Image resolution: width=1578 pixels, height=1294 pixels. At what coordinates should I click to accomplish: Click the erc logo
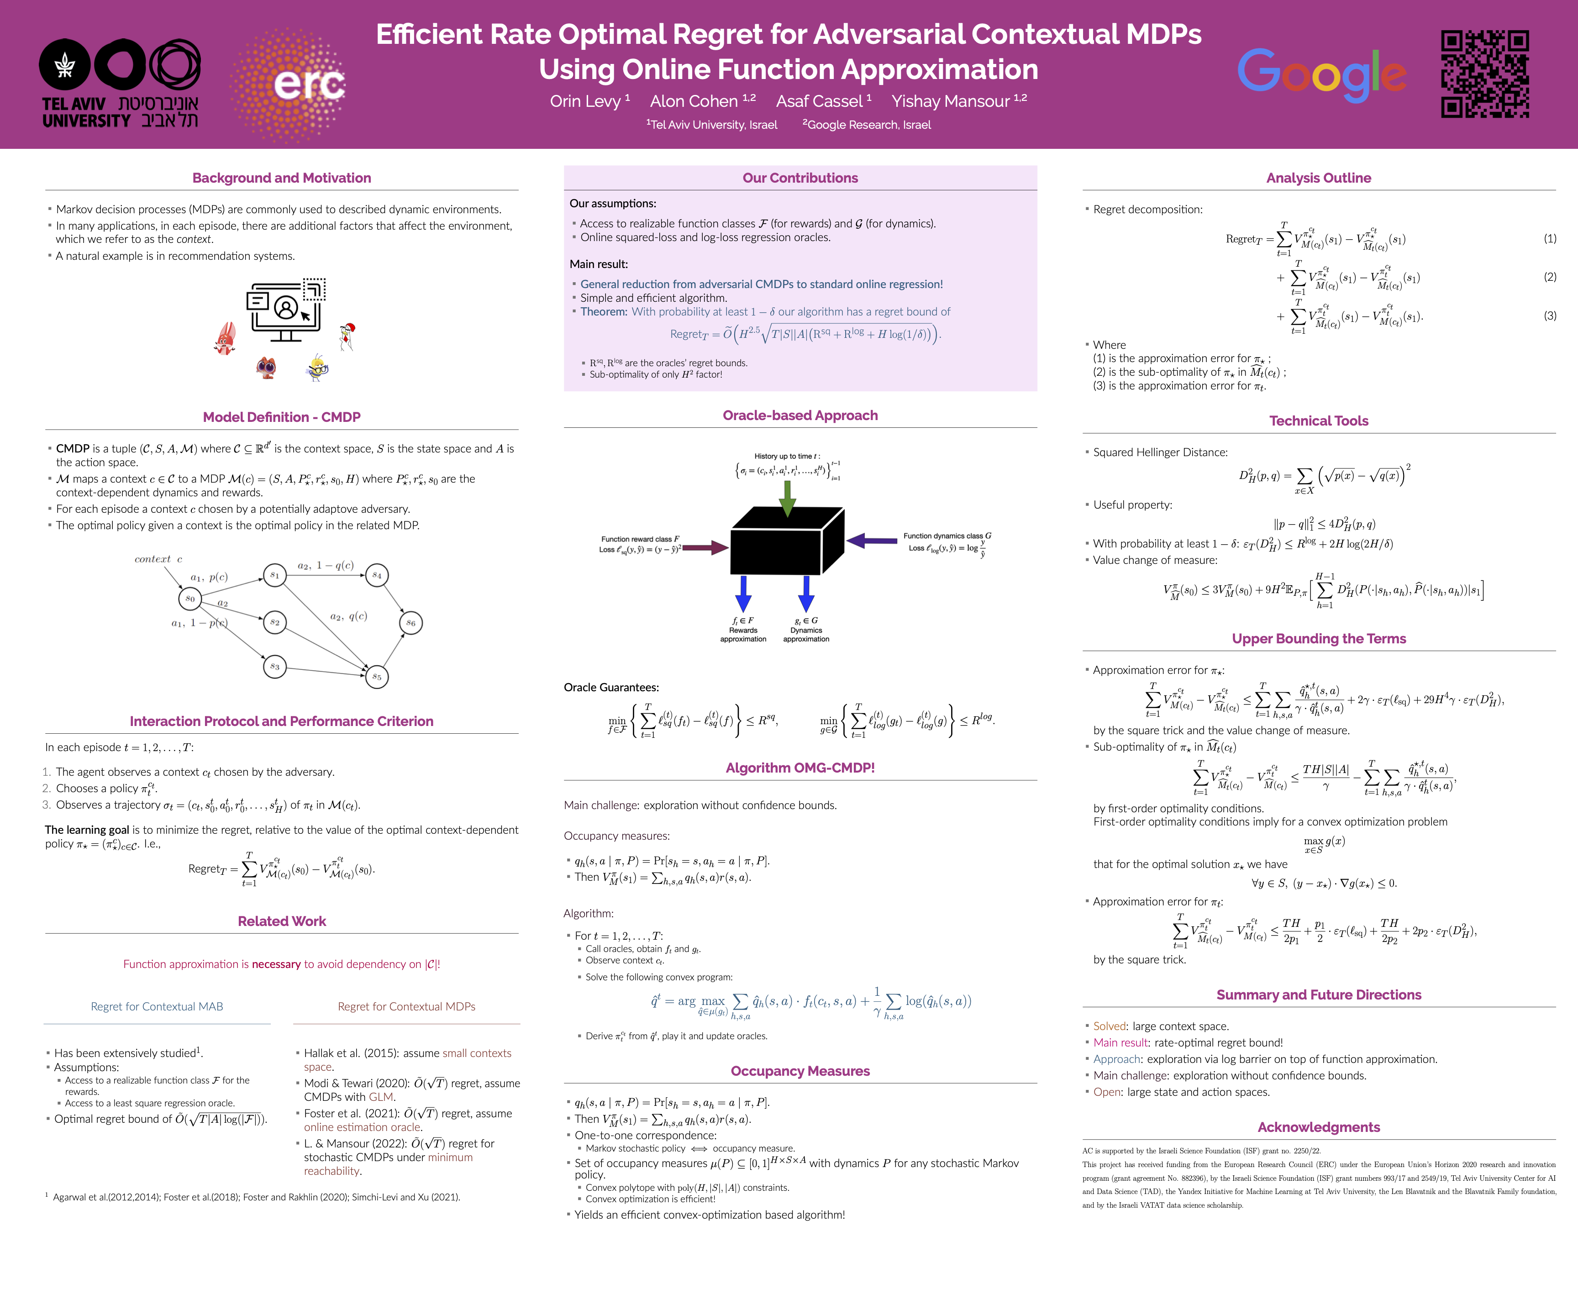click(x=289, y=84)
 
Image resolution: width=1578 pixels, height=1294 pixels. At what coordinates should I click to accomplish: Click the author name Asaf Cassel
click(x=823, y=101)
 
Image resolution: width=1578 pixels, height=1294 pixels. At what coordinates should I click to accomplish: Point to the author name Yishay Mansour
click(x=958, y=101)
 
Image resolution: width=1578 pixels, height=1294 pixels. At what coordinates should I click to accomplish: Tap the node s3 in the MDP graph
click(x=275, y=666)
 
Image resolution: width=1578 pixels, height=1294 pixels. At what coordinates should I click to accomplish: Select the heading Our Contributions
click(x=800, y=178)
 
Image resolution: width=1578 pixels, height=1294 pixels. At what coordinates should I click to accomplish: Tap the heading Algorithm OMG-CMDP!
click(x=800, y=768)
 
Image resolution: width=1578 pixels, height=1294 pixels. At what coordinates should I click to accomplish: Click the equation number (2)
click(x=1550, y=277)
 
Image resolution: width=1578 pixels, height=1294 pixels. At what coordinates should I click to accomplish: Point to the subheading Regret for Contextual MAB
click(x=157, y=1006)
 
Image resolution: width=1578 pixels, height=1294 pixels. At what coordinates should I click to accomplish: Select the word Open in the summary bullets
click(x=1107, y=1092)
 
